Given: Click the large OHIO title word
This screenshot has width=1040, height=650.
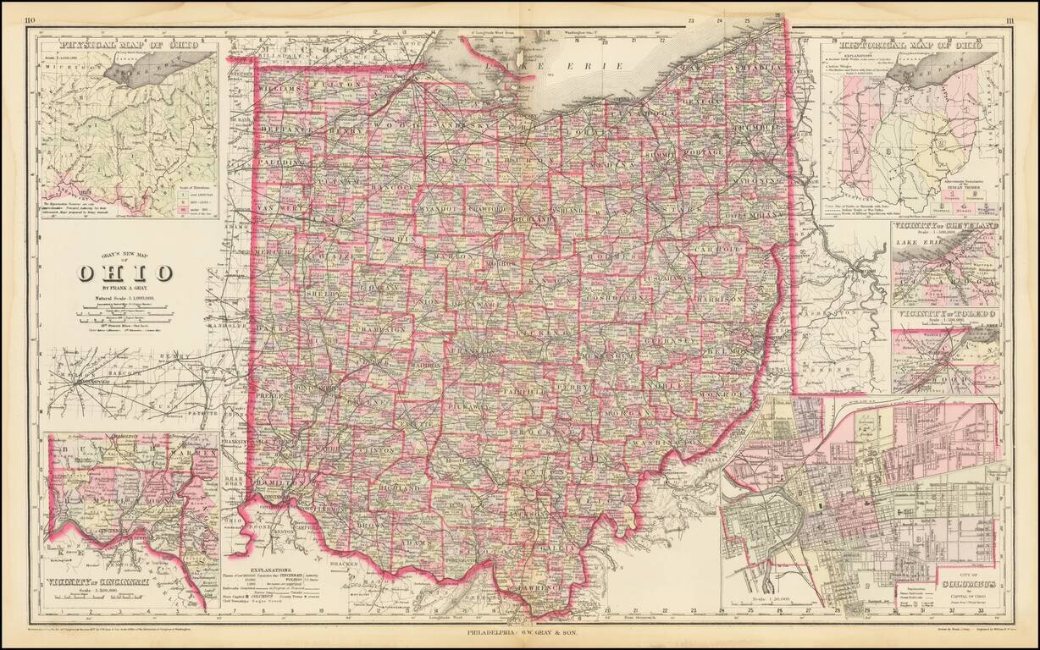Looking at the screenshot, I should [124, 273].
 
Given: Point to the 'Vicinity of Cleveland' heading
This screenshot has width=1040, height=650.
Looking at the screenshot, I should [945, 227].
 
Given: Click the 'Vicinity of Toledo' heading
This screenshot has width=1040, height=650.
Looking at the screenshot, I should [945, 314].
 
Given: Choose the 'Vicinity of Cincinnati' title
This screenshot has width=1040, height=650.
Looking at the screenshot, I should [98, 581].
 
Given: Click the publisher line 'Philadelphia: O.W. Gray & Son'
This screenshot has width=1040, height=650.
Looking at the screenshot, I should [519, 631].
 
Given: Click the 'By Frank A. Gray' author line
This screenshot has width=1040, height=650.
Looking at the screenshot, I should [125, 288].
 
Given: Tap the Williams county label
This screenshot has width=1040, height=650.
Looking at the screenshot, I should [281, 88].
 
